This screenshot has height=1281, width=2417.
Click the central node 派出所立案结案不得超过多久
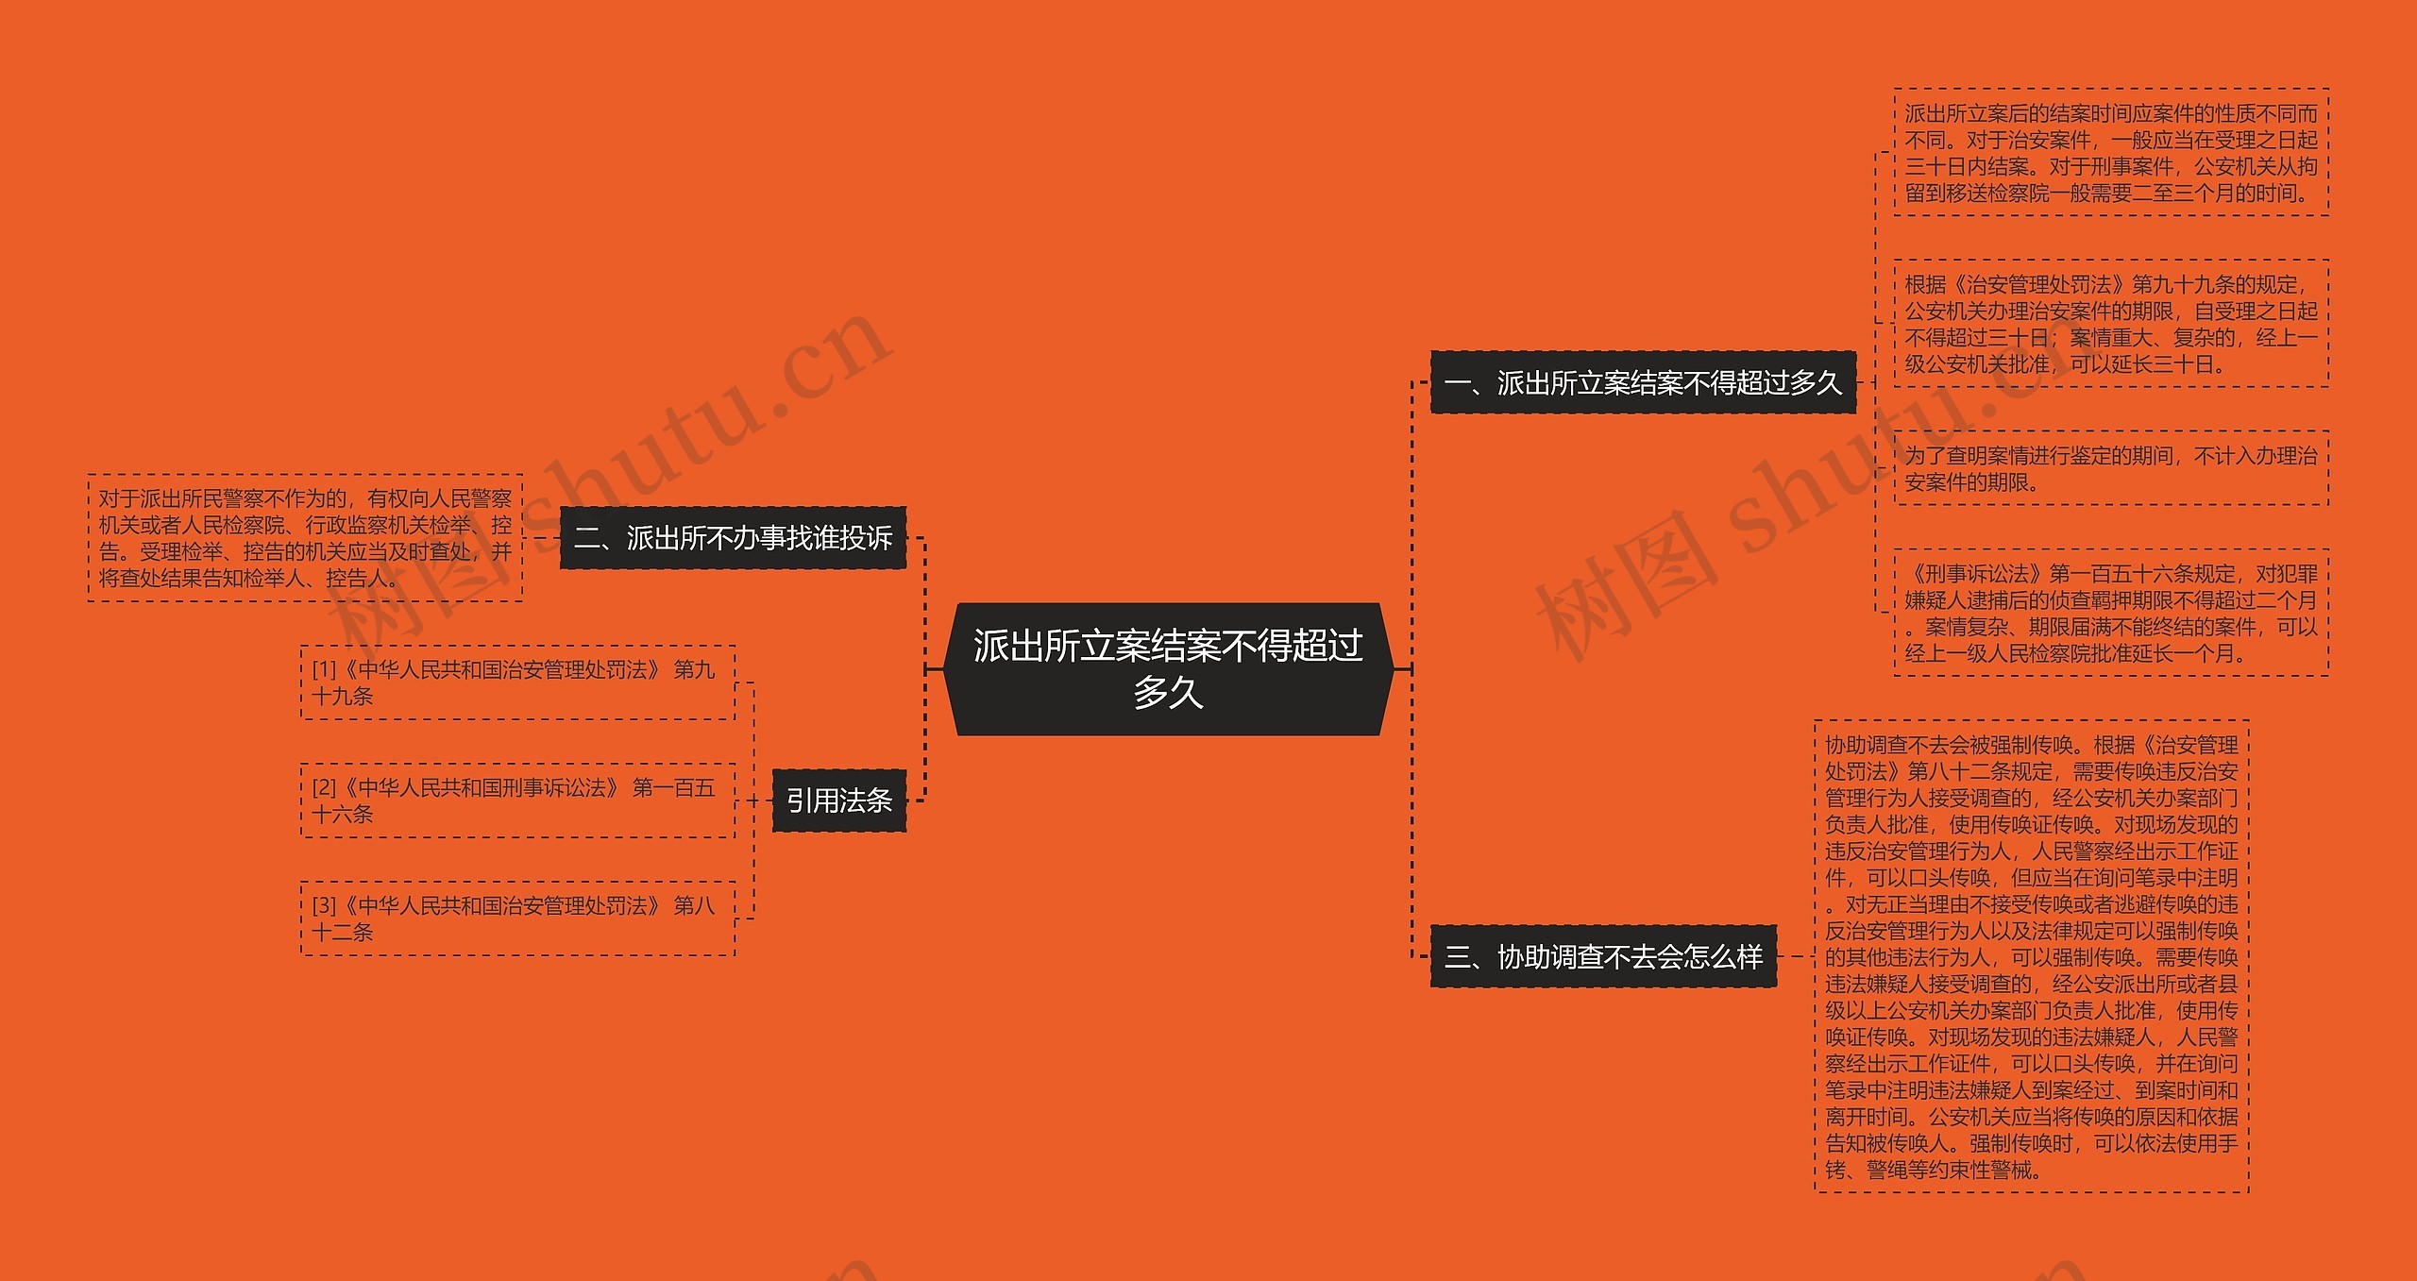[x=1168, y=668]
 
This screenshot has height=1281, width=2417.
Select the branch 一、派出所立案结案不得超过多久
[x=1643, y=382]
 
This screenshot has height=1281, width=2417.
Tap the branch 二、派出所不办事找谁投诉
[x=733, y=538]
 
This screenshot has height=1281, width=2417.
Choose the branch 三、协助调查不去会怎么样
[x=1603, y=957]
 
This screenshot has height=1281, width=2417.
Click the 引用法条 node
[x=838, y=801]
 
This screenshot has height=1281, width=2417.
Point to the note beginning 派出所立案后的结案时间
[x=2111, y=153]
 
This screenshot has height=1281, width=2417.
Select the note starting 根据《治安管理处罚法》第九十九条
[x=2111, y=324]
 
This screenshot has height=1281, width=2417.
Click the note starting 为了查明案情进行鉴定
[x=2111, y=468]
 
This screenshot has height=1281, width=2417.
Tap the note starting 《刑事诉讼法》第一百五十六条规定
[x=2111, y=613]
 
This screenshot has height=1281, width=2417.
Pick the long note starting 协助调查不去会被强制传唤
[x=2031, y=957]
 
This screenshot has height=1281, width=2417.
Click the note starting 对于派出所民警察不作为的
[x=305, y=538]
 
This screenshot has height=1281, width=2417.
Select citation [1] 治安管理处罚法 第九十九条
[x=517, y=683]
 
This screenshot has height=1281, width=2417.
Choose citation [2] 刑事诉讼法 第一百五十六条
[x=517, y=801]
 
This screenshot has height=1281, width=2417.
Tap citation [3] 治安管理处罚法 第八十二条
[x=517, y=919]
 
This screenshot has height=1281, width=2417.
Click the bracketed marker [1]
[x=324, y=669]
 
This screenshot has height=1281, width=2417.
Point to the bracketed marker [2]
[x=324, y=787]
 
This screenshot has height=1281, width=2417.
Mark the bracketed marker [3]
[x=324, y=905]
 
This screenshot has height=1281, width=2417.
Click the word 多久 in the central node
[x=1168, y=693]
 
